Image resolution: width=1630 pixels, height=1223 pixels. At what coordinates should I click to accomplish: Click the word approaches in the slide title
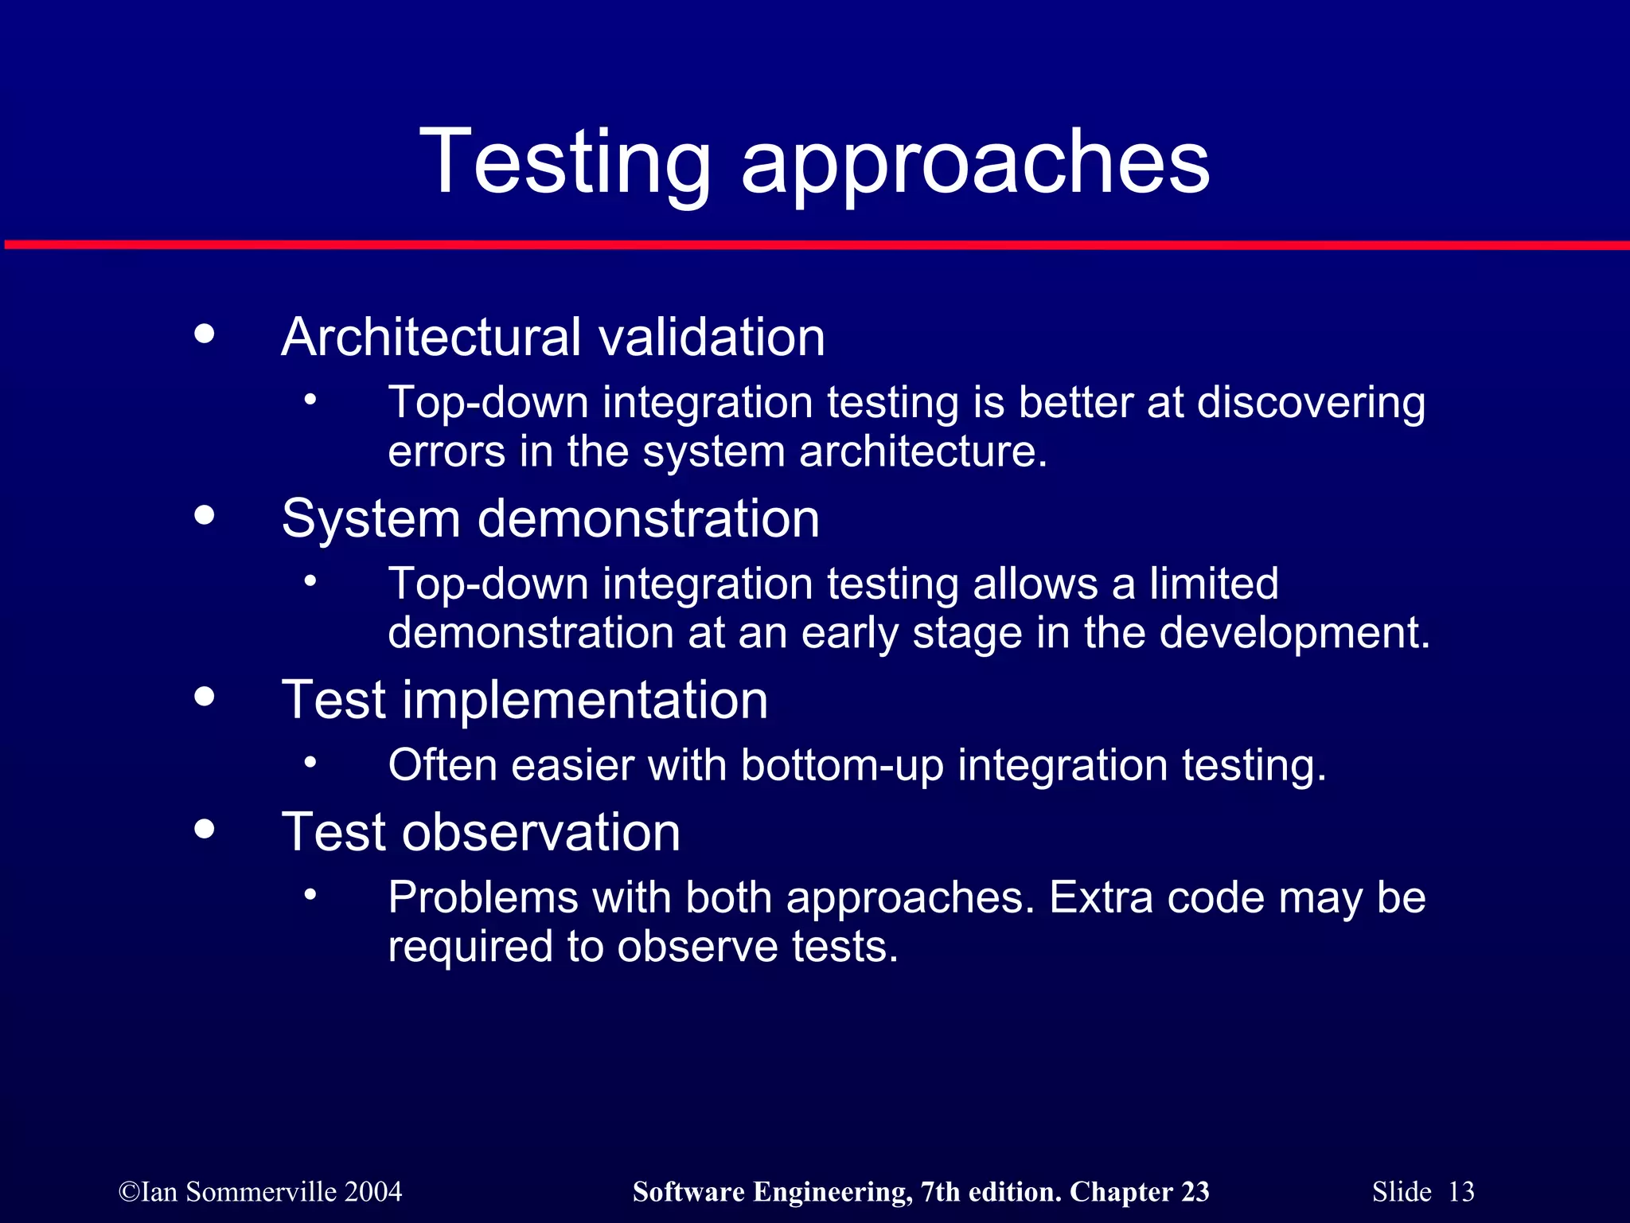[975, 163]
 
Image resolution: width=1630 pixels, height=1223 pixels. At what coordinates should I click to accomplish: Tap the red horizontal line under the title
[815, 245]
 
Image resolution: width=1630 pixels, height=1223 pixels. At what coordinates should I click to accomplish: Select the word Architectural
[431, 337]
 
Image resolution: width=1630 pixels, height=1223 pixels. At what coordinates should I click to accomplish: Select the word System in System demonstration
[370, 519]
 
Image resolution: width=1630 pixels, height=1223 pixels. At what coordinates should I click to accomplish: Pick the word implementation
[585, 701]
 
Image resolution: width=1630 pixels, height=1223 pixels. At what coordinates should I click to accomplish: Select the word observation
[540, 833]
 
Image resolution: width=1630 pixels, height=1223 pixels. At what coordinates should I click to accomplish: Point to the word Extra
[1101, 898]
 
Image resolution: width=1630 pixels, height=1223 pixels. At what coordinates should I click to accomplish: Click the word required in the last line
[470, 947]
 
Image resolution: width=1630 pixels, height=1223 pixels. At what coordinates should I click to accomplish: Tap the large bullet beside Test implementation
[205, 697]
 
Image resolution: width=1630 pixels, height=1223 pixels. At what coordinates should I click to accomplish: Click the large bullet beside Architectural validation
[205, 334]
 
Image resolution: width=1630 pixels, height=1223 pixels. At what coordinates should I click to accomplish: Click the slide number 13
[1460, 1192]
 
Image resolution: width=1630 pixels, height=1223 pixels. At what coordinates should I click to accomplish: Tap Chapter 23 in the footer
[1139, 1192]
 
